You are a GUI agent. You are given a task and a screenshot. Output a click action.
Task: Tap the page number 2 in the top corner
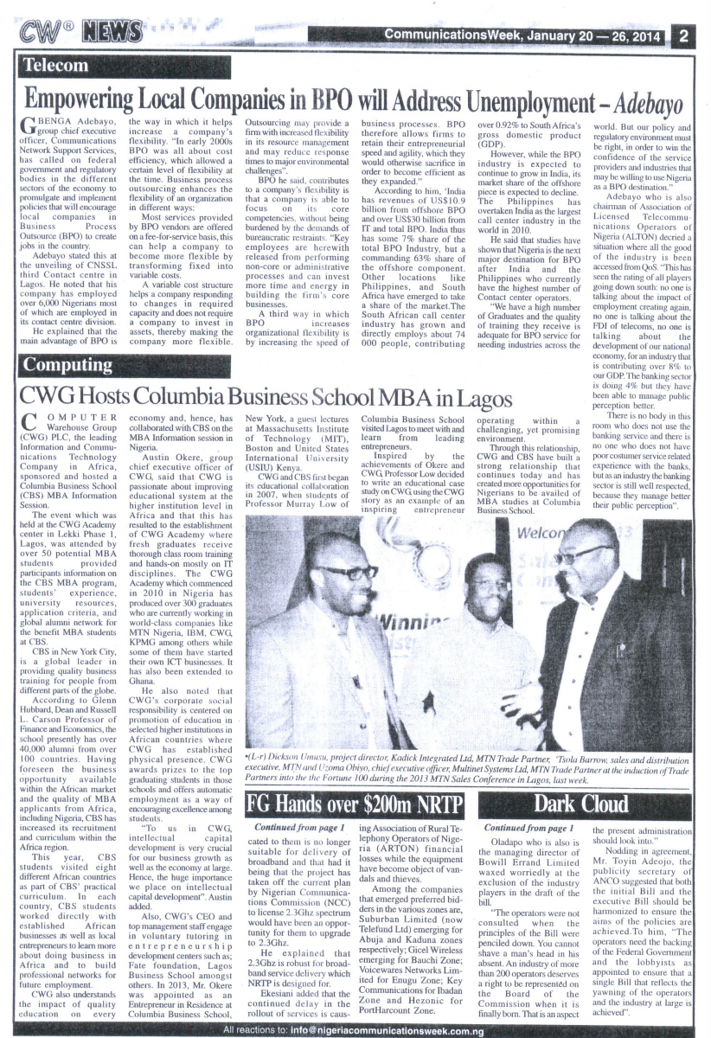683,36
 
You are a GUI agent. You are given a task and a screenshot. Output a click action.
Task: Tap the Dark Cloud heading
569,804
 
